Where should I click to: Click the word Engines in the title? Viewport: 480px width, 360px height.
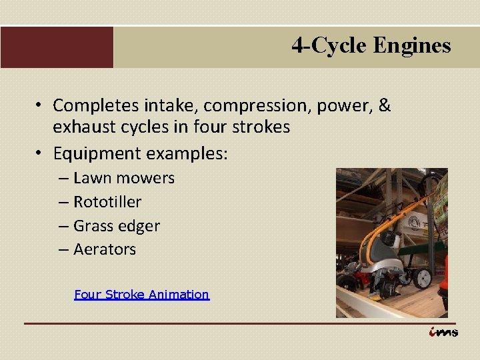tap(412, 45)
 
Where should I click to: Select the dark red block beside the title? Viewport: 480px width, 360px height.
tap(57, 47)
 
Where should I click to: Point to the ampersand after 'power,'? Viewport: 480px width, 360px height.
tap(384, 105)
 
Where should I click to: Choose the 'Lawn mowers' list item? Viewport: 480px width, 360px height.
tap(123, 178)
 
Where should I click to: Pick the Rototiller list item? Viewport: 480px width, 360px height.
tap(107, 201)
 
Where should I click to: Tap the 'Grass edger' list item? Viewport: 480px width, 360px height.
tap(117, 225)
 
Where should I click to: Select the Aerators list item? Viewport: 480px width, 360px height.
tap(105, 249)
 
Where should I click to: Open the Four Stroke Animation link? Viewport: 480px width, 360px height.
tap(141, 294)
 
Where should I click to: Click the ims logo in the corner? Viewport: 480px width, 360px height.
tap(443, 332)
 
